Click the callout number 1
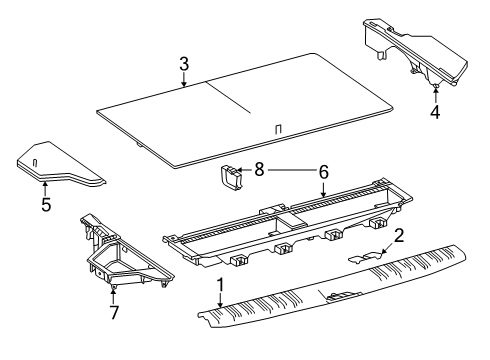[x=220, y=285]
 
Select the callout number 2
[x=399, y=236]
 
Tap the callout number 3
[x=184, y=64]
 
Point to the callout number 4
[x=435, y=112]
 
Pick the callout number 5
[x=46, y=204]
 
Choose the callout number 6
[x=324, y=172]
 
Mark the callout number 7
[x=114, y=312]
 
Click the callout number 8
[x=259, y=169]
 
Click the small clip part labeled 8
[x=230, y=177]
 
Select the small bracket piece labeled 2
[x=365, y=257]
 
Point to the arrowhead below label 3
[x=184, y=84]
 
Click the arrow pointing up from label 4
[x=435, y=93]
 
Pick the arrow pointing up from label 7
[x=114, y=296]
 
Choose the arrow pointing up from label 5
[x=45, y=188]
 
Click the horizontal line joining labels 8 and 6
[x=291, y=170]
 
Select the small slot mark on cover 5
[x=35, y=163]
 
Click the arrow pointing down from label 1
[x=220, y=300]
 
